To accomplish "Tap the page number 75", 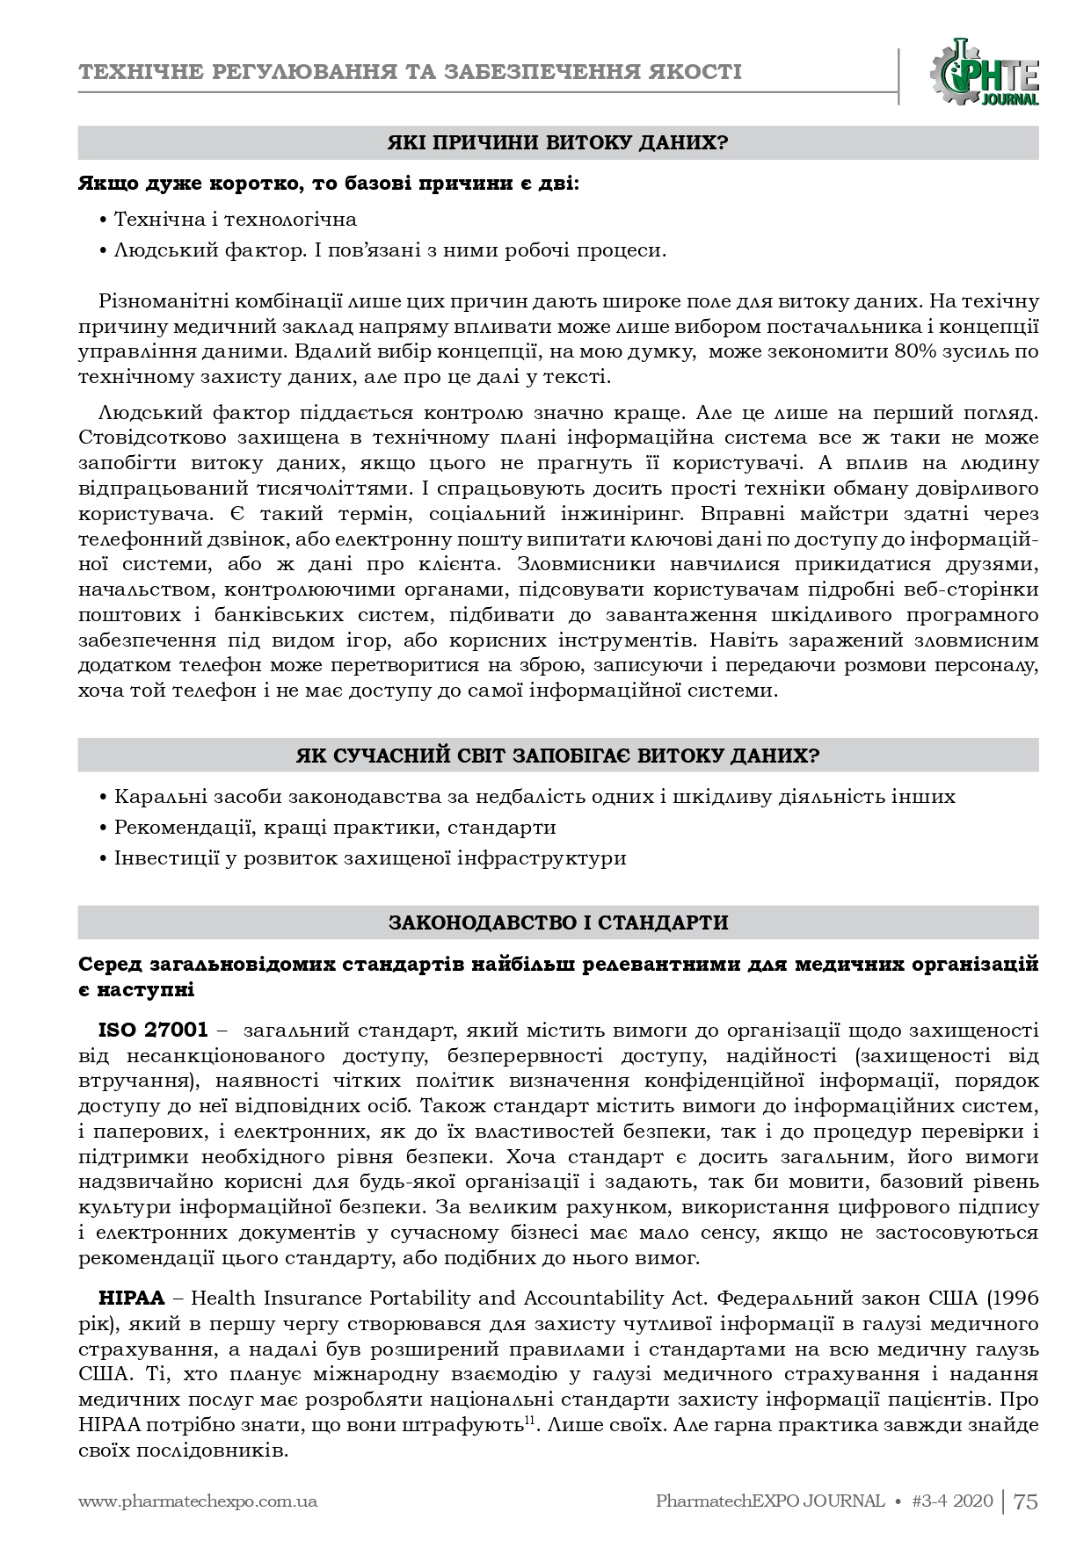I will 1026,1501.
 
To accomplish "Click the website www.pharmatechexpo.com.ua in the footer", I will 198,1501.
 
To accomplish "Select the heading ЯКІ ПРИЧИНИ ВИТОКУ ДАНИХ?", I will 558,142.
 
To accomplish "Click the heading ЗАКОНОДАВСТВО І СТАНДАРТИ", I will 558,922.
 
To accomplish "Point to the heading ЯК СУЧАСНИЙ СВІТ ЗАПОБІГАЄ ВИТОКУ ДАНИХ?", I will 558,756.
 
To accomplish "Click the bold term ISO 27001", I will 153,1029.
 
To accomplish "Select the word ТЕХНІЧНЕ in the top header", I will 147,71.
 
